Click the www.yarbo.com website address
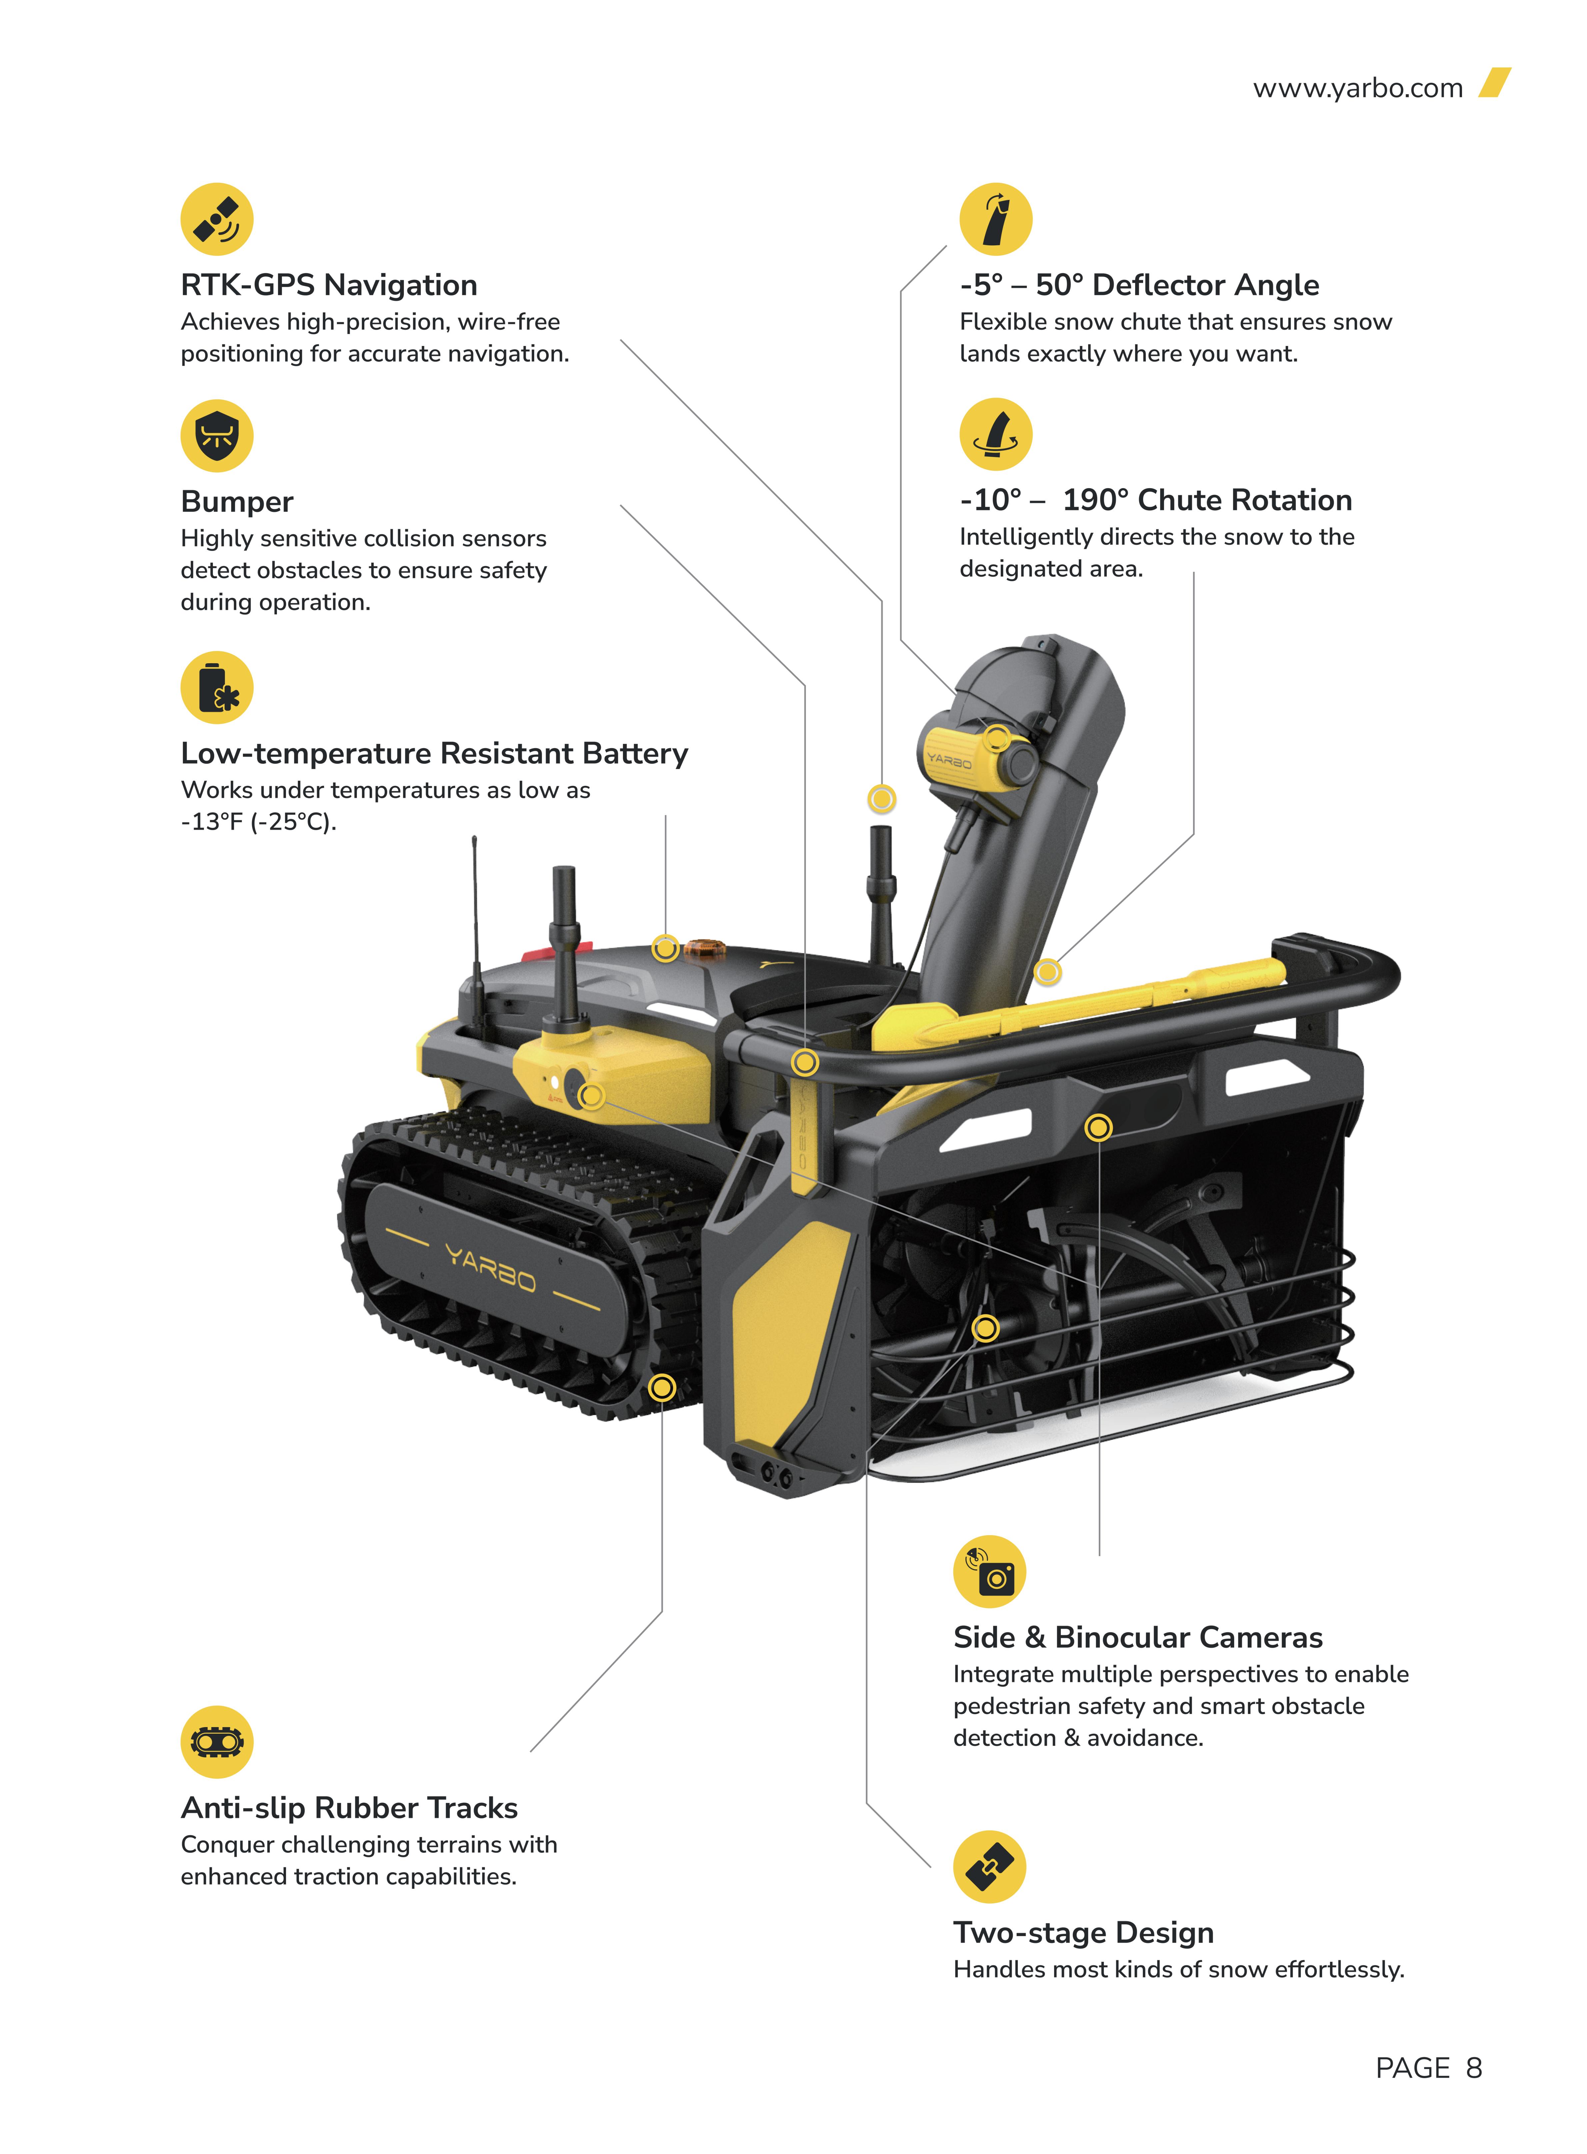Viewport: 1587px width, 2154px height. pyautogui.click(x=1357, y=88)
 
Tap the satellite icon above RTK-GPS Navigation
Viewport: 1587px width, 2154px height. pyautogui.click(x=217, y=219)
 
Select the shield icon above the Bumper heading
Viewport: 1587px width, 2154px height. pyautogui.click(x=217, y=435)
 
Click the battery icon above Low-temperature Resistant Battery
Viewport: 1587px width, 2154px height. pyautogui.click(x=217, y=688)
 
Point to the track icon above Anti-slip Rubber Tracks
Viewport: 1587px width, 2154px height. pyautogui.click(x=217, y=1742)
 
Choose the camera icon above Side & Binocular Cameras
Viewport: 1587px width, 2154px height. pyautogui.click(x=989, y=1572)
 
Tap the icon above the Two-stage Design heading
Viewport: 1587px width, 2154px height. pyautogui.click(x=989, y=1867)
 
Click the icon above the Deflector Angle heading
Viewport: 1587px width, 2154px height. pyautogui.click(x=996, y=219)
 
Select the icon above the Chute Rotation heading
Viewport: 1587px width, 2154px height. pyautogui.click(x=996, y=434)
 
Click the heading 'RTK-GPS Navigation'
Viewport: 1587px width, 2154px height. pyautogui.click(x=329, y=285)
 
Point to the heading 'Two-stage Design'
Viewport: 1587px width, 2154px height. pyautogui.click(x=1084, y=1932)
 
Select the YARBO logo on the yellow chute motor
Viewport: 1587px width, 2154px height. pyautogui.click(x=949, y=761)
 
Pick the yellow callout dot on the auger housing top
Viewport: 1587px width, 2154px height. pyautogui.click(x=1098, y=1127)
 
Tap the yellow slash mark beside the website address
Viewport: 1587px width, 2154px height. pyautogui.click(x=1495, y=83)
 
